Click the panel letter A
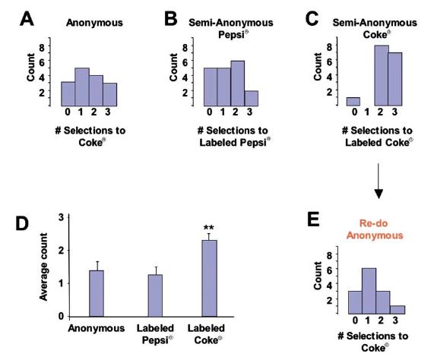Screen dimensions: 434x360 tap(27, 19)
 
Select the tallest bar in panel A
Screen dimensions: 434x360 tap(82, 87)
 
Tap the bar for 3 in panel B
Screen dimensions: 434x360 tap(252, 99)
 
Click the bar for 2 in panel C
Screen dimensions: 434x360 tap(382, 75)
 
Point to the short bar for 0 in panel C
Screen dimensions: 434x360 tap(353, 102)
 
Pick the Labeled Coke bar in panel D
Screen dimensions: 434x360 tap(209, 278)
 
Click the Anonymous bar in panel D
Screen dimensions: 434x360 tap(97, 293)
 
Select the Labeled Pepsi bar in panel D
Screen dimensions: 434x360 tap(155, 295)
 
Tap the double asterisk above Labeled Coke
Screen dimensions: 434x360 tap(209, 228)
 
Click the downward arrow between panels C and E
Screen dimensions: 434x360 tap(379, 181)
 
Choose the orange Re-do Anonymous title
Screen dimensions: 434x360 tap(375, 229)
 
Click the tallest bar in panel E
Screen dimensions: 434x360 tap(369, 291)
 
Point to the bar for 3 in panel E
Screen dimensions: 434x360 tap(398, 310)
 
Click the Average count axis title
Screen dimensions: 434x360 tap(43, 267)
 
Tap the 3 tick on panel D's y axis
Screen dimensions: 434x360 tap(62, 217)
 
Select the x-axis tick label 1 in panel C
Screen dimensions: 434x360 tap(367, 112)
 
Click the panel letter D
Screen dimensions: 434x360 tap(22, 223)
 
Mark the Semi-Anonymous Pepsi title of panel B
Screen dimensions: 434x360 tap(231, 28)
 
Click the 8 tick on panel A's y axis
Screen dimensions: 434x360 tap(42, 48)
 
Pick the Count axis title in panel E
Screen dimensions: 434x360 tap(318, 276)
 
